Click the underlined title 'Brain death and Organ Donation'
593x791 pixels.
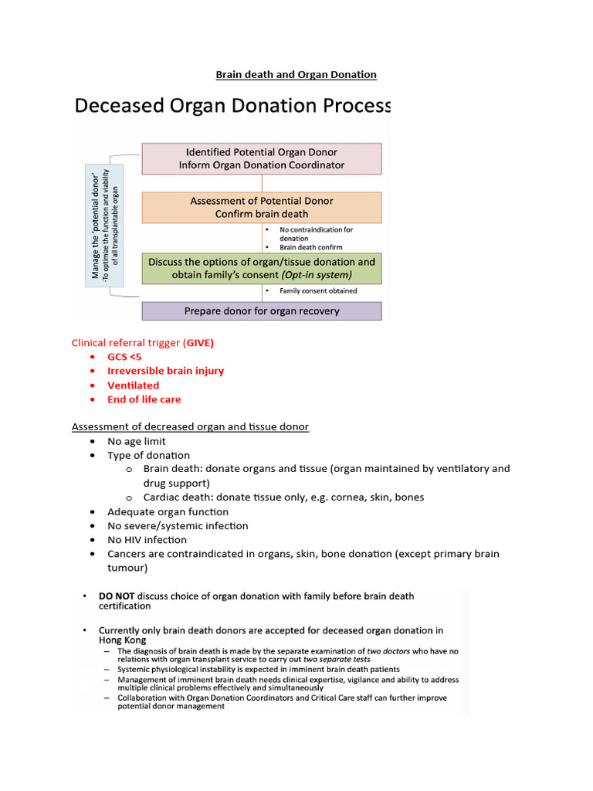click(296, 75)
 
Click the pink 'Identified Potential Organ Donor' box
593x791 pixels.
click(261, 158)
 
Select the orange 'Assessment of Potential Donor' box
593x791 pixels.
click(261, 207)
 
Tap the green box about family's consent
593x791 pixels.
click(261, 268)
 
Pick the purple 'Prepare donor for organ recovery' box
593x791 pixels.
click(261, 311)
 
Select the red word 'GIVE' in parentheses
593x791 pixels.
click(198, 342)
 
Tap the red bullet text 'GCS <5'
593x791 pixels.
click(124, 357)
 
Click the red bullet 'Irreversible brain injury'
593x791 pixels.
click(165, 371)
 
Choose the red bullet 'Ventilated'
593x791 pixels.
click(133, 385)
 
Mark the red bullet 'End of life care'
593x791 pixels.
click(144, 399)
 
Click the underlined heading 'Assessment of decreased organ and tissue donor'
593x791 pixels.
click(190, 427)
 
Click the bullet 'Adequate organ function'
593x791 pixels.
click(168, 512)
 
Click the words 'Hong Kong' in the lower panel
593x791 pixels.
click(122, 640)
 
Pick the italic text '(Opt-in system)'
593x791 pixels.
click(314, 275)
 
